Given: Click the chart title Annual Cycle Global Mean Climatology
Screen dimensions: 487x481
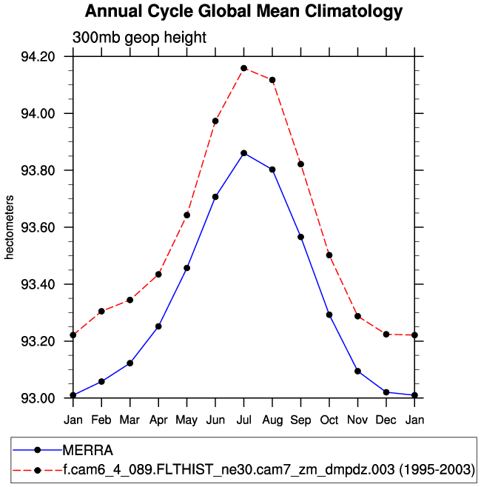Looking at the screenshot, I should [x=243, y=12].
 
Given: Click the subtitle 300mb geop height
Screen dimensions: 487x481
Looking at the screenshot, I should [x=139, y=37].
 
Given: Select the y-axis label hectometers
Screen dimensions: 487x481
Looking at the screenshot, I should [x=10, y=228].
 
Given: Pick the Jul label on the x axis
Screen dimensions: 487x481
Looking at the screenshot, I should [x=243, y=420].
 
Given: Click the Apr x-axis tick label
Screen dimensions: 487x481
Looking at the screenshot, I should [x=158, y=420].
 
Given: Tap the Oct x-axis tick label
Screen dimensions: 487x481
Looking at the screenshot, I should [x=329, y=420].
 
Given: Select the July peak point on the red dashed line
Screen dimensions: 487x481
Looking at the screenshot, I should [x=243, y=68].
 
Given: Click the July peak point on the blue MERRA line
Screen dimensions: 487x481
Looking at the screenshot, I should [x=243, y=153].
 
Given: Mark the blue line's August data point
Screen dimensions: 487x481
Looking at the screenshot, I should [x=272, y=169].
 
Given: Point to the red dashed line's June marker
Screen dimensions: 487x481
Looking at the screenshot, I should [x=215, y=121].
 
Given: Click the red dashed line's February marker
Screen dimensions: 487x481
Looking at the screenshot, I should [x=101, y=312].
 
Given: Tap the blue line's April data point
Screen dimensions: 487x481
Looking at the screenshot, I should [x=158, y=326].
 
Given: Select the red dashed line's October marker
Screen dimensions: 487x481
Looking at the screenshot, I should [x=329, y=255].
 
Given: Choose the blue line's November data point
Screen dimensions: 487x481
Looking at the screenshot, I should [x=357, y=371].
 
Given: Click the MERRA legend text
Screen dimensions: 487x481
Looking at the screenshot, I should [x=87, y=449].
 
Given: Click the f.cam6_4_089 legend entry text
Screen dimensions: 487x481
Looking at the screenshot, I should [x=268, y=469].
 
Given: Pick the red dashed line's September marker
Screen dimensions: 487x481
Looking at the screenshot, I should [x=300, y=164].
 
